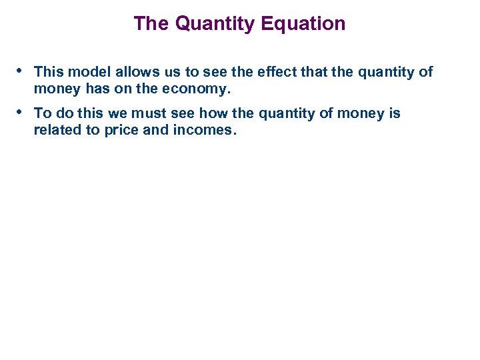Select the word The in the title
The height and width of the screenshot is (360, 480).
coord(151,24)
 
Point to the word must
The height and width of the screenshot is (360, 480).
coord(155,113)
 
